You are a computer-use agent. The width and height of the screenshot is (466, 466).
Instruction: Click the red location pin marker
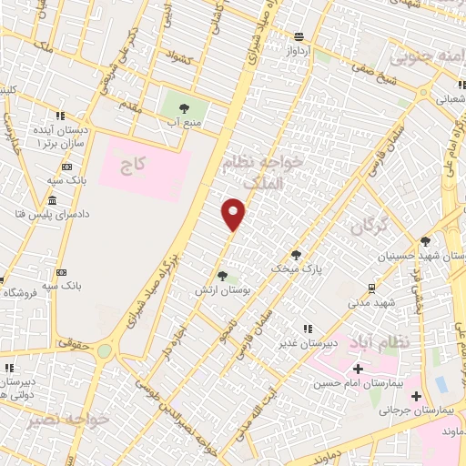coord(234,213)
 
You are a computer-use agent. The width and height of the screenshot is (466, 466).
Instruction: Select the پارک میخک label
coord(297,269)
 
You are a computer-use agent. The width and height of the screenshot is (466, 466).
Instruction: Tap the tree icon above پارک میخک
coord(296,255)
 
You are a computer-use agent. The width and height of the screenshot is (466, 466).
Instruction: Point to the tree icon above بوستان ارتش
coord(222,275)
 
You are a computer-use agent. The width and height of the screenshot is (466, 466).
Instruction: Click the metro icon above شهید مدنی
coord(381,286)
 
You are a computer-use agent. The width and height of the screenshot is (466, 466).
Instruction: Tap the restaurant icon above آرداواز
coord(299,36)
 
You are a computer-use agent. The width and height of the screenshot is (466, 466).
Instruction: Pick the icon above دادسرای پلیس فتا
coord(51,199)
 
